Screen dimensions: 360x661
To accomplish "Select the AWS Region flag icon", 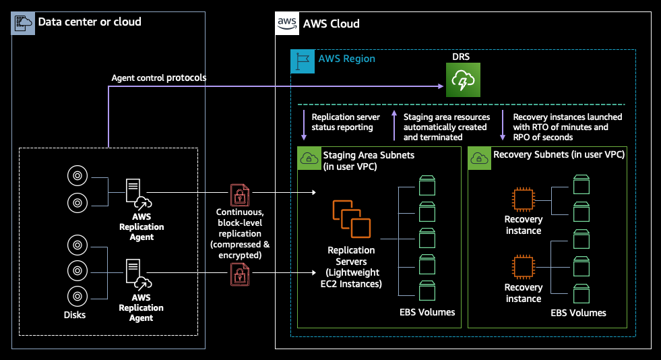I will [301, 61].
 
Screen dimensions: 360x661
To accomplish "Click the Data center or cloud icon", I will [24, 22].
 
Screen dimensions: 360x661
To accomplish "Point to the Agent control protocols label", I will [158, 78].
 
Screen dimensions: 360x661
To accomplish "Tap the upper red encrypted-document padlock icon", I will [239, 195].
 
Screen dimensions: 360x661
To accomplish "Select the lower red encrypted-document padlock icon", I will [239, 273].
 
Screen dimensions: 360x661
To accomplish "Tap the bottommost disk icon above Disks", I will [77, 295].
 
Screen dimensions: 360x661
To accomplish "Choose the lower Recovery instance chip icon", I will [523, 268].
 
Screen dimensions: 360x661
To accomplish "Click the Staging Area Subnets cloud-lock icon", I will [309, 158].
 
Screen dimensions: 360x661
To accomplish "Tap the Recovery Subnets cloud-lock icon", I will [479, 158].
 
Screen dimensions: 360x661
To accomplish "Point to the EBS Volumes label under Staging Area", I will [427, 312].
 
